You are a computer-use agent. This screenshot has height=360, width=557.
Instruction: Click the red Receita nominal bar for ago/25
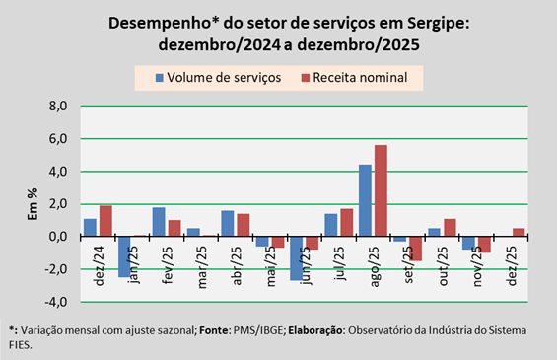381,190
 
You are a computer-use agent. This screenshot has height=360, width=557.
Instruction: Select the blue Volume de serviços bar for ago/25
365,200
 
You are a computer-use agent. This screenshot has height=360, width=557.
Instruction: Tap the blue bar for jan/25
124,257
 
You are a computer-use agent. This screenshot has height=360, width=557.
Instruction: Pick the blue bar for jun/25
297,258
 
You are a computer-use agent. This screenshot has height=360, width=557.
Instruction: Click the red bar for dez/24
105,221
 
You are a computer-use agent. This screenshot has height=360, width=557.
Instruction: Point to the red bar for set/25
415,249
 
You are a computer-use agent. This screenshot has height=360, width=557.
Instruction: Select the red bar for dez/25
519,233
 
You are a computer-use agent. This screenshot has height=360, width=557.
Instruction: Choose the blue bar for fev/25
159,222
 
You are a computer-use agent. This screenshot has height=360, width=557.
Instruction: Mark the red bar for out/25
450,228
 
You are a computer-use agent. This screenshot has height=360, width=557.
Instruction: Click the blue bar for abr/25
228,224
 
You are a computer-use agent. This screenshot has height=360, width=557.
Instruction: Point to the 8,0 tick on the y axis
58,106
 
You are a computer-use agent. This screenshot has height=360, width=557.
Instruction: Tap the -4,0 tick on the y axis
56,302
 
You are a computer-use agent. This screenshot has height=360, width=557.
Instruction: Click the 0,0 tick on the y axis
58,237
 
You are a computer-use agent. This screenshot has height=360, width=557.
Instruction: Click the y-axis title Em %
33,204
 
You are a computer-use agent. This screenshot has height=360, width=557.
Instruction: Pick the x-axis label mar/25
201,266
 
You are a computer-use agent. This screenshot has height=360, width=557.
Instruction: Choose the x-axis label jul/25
339,263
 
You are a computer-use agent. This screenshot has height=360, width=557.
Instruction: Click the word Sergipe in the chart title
439,24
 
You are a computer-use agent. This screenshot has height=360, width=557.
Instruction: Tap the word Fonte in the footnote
214,330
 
